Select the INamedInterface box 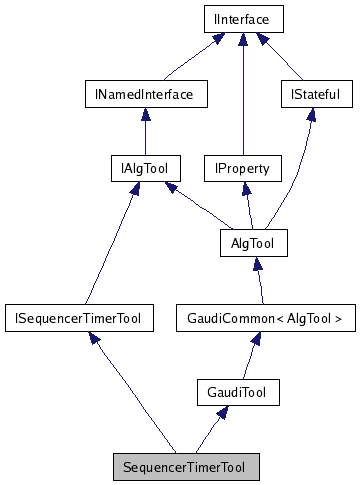145,95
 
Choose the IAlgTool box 143,168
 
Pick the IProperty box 242,168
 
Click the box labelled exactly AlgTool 253,242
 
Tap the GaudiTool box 238,392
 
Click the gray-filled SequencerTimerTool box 185,466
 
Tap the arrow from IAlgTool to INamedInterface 144,132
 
